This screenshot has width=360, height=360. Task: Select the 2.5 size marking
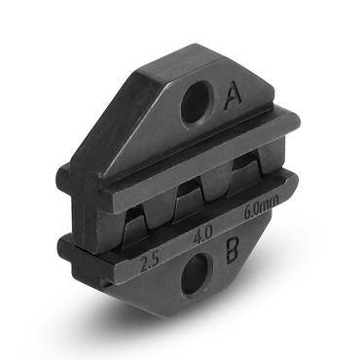[150, 262]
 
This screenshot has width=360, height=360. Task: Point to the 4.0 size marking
[203, 234]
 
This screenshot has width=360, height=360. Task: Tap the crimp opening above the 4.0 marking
[193, 199]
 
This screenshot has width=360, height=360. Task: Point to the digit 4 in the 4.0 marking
[198, 236]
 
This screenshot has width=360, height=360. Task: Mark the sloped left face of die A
[136, 122]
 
